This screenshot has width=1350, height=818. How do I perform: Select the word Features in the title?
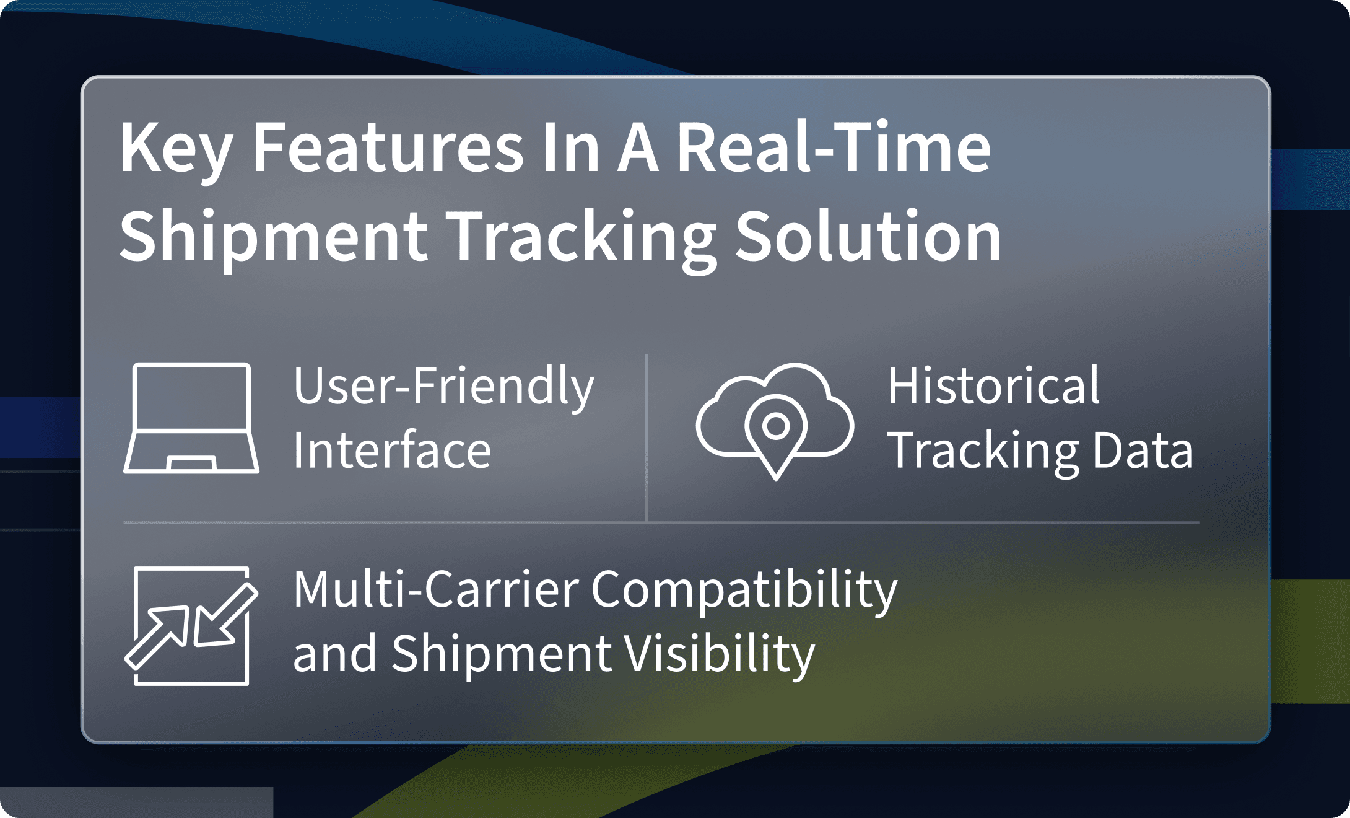click(x=388, y=147)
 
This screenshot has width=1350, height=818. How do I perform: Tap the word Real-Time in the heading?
click(x=834, y=146)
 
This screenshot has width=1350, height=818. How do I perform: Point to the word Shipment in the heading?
click(x=273, y=239)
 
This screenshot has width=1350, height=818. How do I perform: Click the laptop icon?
click(x=191, y=418)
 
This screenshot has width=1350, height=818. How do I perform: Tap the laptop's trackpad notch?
click(x=191, y=464)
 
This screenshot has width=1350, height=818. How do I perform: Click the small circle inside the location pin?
click(x=776, y=426)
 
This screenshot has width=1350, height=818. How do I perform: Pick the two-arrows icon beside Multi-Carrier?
click(x=191, y=626)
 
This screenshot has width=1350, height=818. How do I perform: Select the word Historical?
click(x=993, y=385)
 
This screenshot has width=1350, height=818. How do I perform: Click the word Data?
click(x=1143, y=450)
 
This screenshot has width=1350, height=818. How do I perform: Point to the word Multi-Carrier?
click(x=436, y=589)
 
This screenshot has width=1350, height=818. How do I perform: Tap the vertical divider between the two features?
click(x=647, y=438)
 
